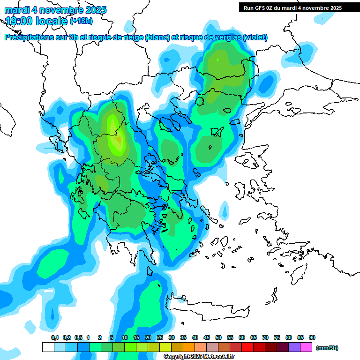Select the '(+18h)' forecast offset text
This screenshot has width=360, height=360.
pos(81,21)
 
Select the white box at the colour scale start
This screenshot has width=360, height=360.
pos(48,347)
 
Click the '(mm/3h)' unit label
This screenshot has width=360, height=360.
pos(327,348)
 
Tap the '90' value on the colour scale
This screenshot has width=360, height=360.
pos(312,337)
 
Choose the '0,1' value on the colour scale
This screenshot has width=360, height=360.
pos(55,337)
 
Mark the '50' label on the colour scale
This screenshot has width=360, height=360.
pos(218,337)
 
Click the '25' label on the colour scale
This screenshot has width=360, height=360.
pos(160,337)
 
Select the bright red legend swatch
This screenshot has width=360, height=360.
pos(247,347)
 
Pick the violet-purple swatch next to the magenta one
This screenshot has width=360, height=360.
pos(294,347)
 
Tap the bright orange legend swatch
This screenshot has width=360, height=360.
pos(189,347)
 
